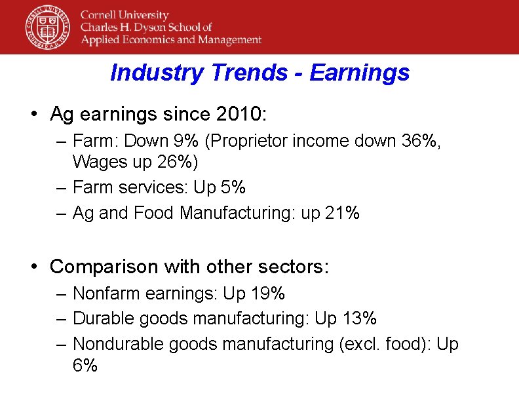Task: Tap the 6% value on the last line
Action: pyautogui.click(x=85, y=365)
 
